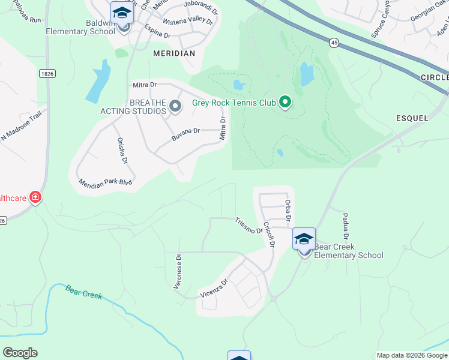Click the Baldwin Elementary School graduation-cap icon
[x=122, y=13]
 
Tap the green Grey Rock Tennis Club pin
[x=285, y=103]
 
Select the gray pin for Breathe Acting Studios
[x=175, y=107]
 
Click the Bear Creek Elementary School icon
[x=304, y=239]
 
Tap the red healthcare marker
[x=35, y=197]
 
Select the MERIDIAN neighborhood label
[x=174, y=53]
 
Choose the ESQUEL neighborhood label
[x=412, y=118]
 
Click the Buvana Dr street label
[x=185, y=131]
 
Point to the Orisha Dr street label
[x=122, y=151]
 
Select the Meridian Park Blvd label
[x=104, y=182]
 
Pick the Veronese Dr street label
[x=178, y=271]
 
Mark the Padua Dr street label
[x=346, y=224]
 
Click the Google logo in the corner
[x=20, y=353]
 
